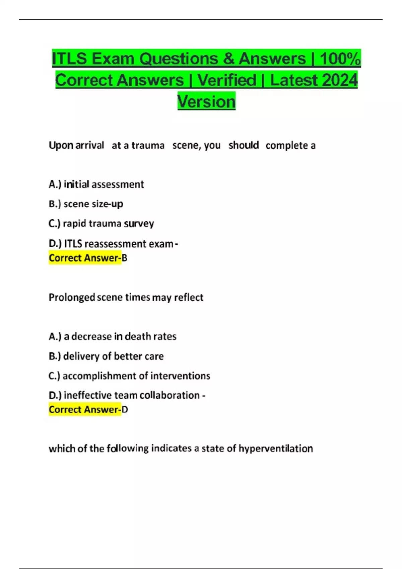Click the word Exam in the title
click(x=113, y=59)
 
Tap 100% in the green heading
click(x=340, y=59)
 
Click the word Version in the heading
click(x=206, y=101)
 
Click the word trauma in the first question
click(x=148, y=146)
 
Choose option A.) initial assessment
click(x=96, y=184)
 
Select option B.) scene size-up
click(x=86, y=204)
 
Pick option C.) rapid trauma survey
click(x=101, y=224)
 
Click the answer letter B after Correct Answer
click(x=125, y=258)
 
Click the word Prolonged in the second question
click(x=72, y=298)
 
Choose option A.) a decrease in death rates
click(x=113, y=336)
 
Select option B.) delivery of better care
click(x=106, y=356)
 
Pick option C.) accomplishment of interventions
click(x=129, y=376)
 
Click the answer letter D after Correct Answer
click(x=125, y=410)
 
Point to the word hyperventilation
click(x=275, y=449)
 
